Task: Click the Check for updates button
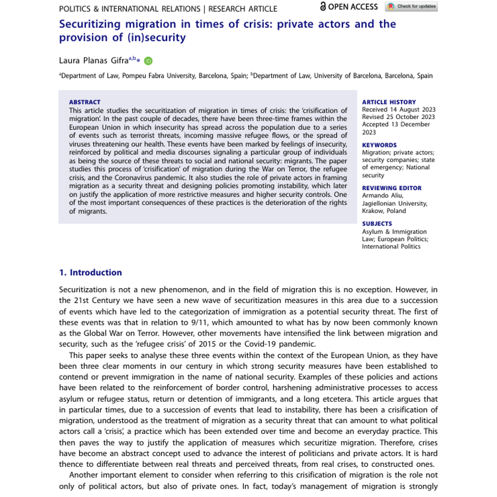(x=411, y=7)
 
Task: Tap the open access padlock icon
(x=323, y=6)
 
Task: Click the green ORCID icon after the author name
(x=148, y=61)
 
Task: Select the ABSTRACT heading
(x=85, y=102)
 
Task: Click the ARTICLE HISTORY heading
(x=389, y=102)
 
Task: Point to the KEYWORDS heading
(x=379, y=145)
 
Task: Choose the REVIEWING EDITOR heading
(x=392, y=188)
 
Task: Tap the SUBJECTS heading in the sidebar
(x=377, y=224)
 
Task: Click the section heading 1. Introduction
(x=90, y=272)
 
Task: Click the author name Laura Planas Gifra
(x=94, y=61)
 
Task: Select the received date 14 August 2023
(x=399, y=109)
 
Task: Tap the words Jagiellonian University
(x=395, y=203)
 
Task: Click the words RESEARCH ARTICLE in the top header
(x=243, y=9)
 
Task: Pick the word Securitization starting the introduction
(x=83, y=290)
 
